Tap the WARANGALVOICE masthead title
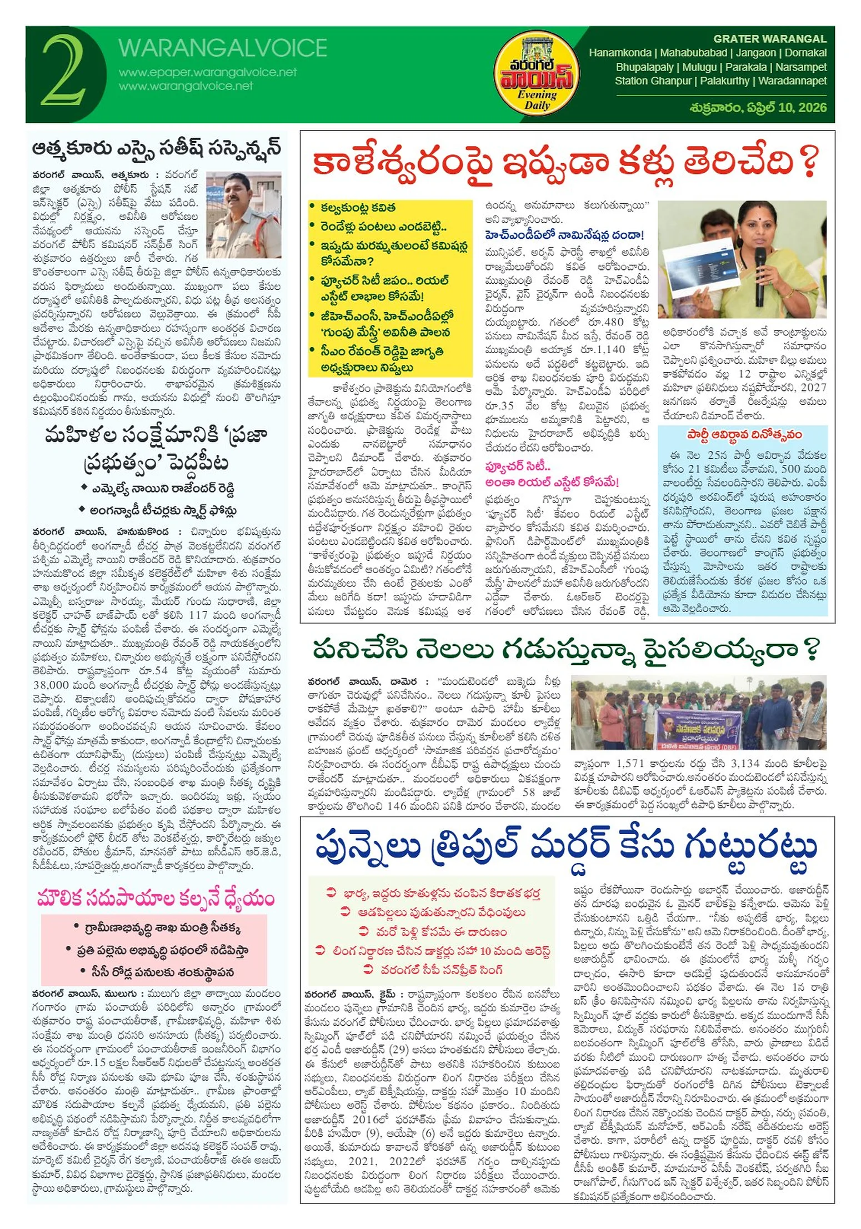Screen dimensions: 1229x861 click(x=222, y=48)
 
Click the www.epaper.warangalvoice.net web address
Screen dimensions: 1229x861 click(x=208, y=72)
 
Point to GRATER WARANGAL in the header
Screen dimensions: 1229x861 click(x=769, y=39)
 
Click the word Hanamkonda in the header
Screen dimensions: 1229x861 click(x=619, y=53)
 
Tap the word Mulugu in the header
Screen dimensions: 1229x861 click(x=699, y=67)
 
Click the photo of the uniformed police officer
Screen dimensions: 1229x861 click(x=243, y=214)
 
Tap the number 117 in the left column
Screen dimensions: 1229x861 click(x=198, y=615)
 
